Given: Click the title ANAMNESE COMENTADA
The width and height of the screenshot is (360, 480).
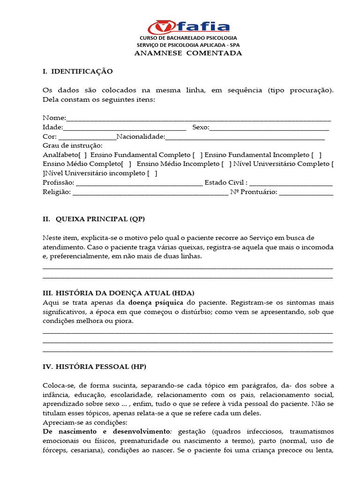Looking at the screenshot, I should tap(188, 53).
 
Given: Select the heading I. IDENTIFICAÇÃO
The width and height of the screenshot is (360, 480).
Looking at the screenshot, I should tap(78, 71).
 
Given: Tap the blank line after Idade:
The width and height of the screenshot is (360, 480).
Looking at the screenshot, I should tap(124, 127).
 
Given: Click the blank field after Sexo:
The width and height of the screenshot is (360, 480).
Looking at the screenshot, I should tap(269, 127).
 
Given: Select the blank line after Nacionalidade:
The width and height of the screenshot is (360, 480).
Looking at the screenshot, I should tap(245, 137).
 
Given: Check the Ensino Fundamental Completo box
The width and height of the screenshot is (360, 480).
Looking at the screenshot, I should tap(198, 155).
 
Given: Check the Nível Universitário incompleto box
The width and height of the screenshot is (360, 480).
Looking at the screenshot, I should tap(152, 173).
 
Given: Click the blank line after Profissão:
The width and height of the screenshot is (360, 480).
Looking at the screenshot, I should tap(139, 183).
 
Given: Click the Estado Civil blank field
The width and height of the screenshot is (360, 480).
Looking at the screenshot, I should tap(291, 183).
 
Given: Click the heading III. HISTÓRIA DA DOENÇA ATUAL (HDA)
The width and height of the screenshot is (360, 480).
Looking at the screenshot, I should tap(118, 293).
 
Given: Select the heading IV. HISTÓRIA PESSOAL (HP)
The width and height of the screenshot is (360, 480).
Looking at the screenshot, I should tap(95, 367).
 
